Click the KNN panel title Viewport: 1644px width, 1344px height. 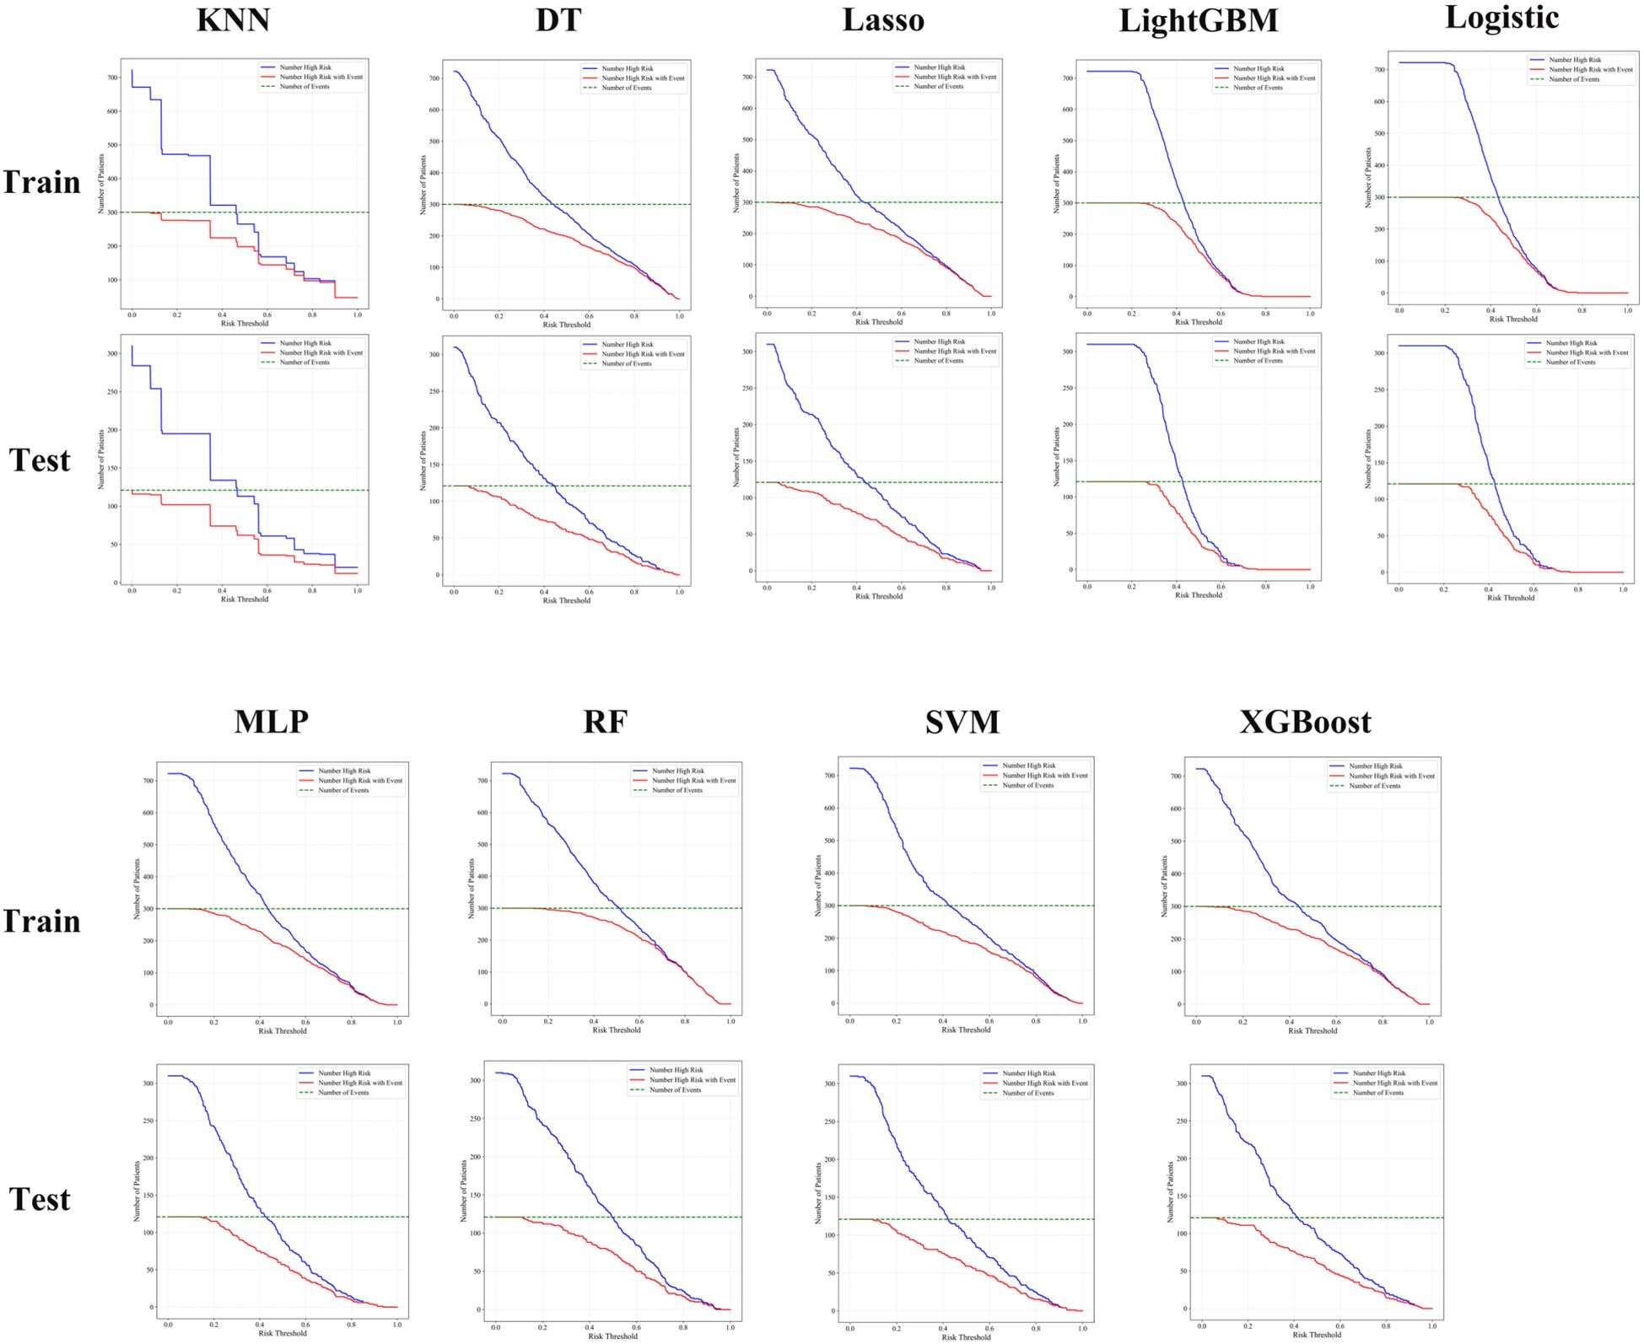click(233, 20)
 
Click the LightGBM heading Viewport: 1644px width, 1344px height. click(1198, 21)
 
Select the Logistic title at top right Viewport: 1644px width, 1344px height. click(1501, 18)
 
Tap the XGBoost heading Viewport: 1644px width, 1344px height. click(1305, 722)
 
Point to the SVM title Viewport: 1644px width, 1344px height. click(962, 722)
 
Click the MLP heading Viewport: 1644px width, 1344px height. click(271, 722)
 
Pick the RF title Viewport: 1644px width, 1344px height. click(605, 722)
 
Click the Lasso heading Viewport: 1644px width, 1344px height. click(882, 20)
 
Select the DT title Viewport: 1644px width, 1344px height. click(558, 20)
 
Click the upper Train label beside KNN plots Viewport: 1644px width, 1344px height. click(41, 182)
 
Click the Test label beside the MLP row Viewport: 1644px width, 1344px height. click(40, 1199)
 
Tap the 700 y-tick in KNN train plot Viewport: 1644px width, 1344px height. click(112, 78)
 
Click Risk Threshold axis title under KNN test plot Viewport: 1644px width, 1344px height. click(245, 599)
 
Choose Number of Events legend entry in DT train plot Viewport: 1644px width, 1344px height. click(626, 88)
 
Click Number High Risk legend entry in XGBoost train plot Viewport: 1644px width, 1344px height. click(1375, 766)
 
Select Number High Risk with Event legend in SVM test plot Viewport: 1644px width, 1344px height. click(1044, 1083)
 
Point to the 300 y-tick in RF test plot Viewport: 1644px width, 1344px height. click(475, 1080)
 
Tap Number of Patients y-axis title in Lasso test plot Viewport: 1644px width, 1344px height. click(736, 457)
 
